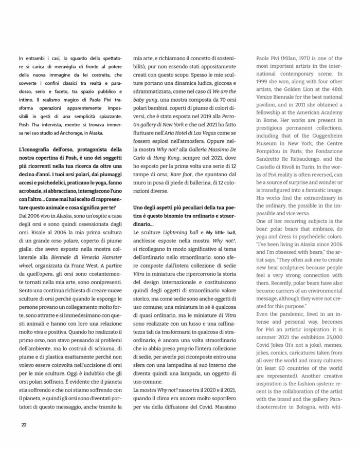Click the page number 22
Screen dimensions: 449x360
[x=24, y=425]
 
